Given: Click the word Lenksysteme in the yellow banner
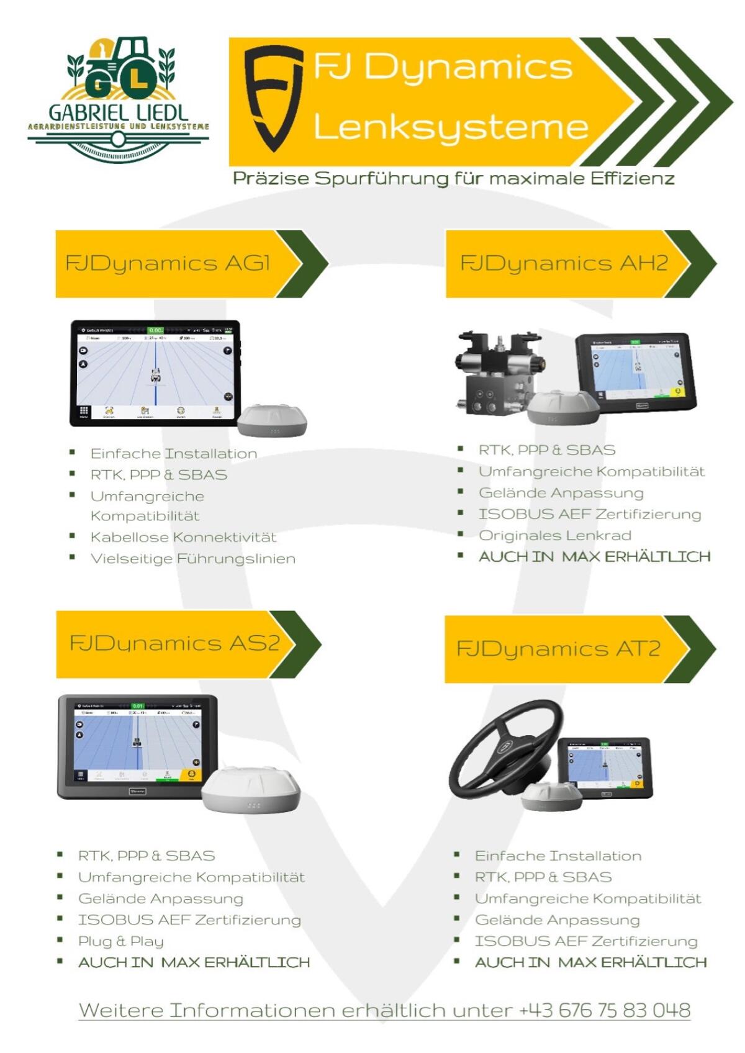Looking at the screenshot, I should [451, 126].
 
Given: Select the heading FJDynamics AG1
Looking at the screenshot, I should [168, 263].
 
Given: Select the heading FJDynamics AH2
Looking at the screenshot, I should [563, 263].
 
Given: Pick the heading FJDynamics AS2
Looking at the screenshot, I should [174, 643].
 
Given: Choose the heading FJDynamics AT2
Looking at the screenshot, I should [558, 649].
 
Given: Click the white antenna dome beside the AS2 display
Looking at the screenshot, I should [251, 789].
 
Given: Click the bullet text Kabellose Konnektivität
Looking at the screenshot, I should [183, 537].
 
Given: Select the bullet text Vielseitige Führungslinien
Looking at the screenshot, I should [192, 559].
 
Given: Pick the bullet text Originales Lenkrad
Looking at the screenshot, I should [554, 535].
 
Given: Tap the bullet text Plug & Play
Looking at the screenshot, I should [120, 941].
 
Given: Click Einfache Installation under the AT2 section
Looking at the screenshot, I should [558, 856].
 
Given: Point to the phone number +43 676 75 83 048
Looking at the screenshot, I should [605, 1010].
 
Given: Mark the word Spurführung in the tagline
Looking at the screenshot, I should [381, 179].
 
